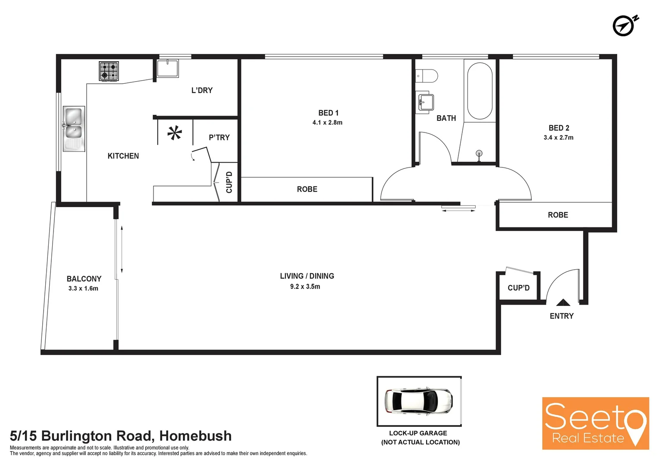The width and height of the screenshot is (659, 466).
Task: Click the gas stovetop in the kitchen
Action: click(109, 71)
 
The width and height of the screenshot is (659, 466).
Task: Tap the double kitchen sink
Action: click(74, 129)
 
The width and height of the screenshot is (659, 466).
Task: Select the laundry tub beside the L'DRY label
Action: click(168, 68)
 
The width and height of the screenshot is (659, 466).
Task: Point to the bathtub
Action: click(480, 91)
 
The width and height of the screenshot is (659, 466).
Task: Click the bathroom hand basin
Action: click(425, 103)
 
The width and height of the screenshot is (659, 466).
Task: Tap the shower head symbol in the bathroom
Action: click(479, 154)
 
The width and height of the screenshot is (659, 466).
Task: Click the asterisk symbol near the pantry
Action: click(175, 133)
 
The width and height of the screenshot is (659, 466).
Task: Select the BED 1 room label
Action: click(328, 113)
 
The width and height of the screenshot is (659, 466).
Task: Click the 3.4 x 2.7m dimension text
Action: click(559, 138)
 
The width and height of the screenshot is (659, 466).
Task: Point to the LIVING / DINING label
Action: click(307, 276)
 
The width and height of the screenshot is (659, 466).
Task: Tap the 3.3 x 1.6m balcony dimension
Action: click(83, 289)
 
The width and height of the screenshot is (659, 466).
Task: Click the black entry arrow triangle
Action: click(563, 302)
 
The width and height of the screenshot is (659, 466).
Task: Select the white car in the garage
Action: click(418, 401)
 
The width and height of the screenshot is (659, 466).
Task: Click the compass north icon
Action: click(624, 26)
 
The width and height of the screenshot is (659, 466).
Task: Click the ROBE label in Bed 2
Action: click(558, 215)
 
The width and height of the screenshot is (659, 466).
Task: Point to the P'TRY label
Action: click(219, 138)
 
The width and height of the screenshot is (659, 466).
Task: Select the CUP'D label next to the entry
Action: click(518, 288)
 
